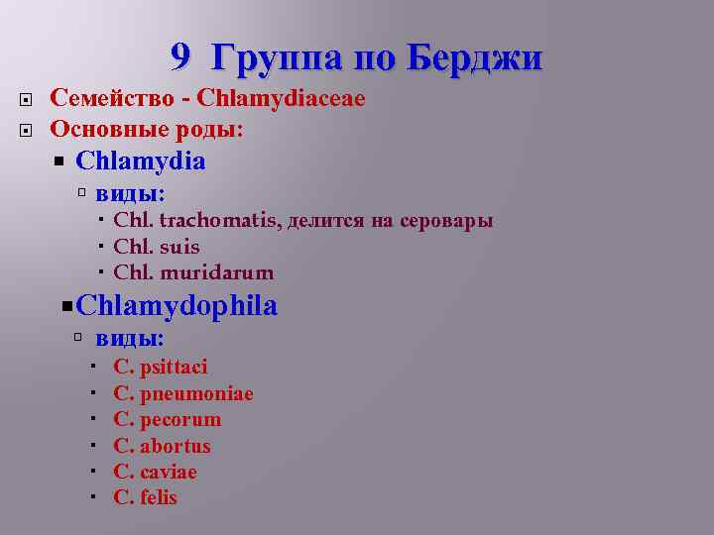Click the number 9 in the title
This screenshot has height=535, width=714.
(x=179, y=56)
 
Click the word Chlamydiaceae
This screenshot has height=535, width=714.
(x=281, y=98)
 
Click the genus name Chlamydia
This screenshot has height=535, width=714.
(x=140, y=160)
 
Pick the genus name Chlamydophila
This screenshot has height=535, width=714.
(x=176, y=306)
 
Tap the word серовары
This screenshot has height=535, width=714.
(x=447, y=220)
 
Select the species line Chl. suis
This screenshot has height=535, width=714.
(x=157, y=247)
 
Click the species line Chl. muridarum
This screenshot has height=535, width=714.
(x=193, y=272)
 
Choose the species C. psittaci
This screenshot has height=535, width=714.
(x=161, y=368)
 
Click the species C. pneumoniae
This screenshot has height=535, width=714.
(x=183, y=394)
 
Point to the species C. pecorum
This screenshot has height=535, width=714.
(x=168, y=420)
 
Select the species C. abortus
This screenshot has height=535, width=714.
(x=163, y=446)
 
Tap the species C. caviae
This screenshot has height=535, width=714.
(x=156, y=472)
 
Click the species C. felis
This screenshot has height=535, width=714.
(x=146, y=497)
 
